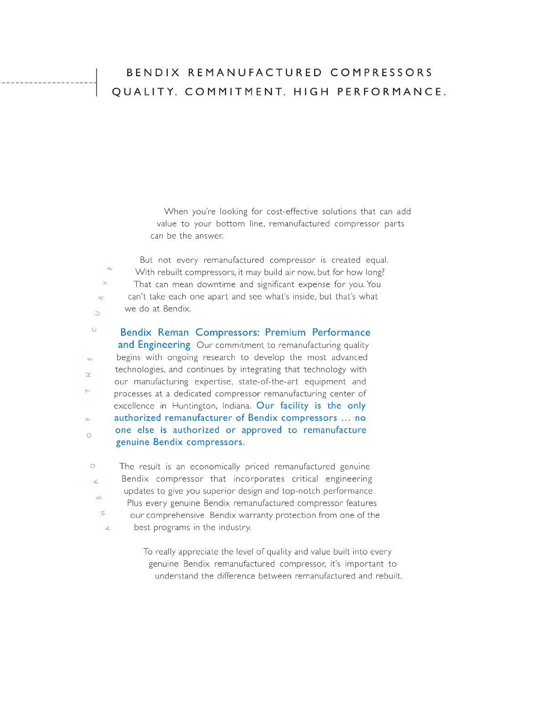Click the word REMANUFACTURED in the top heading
click(x=255, y=73)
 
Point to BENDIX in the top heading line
click(x=153, y=73)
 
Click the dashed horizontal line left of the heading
click(x=48, y=83)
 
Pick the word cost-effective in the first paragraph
click(x=292, y=211)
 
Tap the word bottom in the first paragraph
click(x=230, y=224)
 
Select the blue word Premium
click(x=285, y=332)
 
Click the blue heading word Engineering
click(x=164, y=345)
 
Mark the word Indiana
click(x=237, y=406)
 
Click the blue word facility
click(x=294, y=406)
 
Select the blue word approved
click(x=262, y=430)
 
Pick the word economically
click(x=215, y=466)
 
